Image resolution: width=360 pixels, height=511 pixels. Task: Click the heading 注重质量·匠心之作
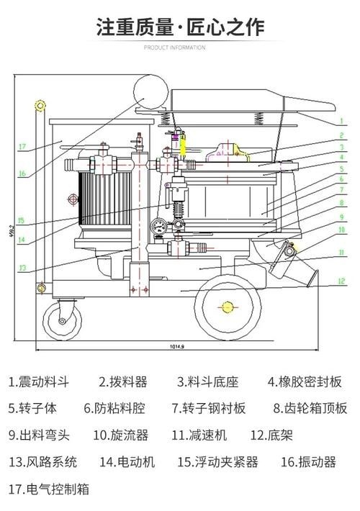pyautogui.click(x=180, y=27)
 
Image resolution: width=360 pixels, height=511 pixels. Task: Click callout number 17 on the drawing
pyautogui.click(x=22, y=147)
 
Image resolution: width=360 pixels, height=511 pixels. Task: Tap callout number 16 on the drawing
pyautogui.click(x=22, y=173)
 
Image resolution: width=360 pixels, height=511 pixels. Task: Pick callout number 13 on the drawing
pyautogui.click(x=22, y=268)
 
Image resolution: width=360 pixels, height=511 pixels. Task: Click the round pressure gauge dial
pyautogui.click(x=156, y=225)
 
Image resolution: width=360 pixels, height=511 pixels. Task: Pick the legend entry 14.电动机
pyautogui.click(x=127, y=462)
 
